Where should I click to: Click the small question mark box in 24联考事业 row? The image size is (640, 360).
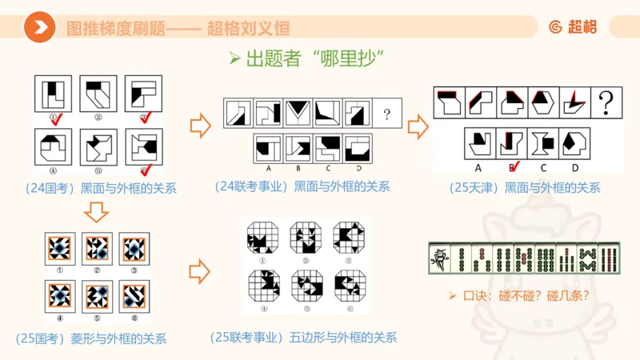[x=386, y=114]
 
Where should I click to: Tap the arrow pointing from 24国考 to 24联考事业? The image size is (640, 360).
[x=199, y=126]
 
